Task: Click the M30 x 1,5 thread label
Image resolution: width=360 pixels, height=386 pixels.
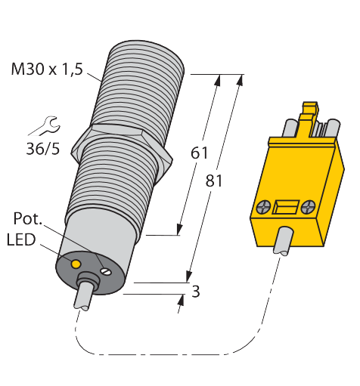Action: click(47, 69)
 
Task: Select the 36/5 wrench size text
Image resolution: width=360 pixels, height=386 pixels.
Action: click(43, 149)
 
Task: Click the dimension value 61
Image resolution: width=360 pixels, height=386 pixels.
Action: click(199, 153)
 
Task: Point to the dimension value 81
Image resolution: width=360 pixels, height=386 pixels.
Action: click(214, 181)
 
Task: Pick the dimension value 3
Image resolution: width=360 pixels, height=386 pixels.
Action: click(196, 292)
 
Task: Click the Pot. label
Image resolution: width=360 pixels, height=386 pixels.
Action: click(27, 218)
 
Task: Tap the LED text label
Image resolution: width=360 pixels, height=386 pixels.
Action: click(21, 239)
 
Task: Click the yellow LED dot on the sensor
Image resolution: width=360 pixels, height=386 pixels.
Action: click(76, 264)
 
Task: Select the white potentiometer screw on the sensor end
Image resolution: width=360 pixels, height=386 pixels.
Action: click(106, 271)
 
